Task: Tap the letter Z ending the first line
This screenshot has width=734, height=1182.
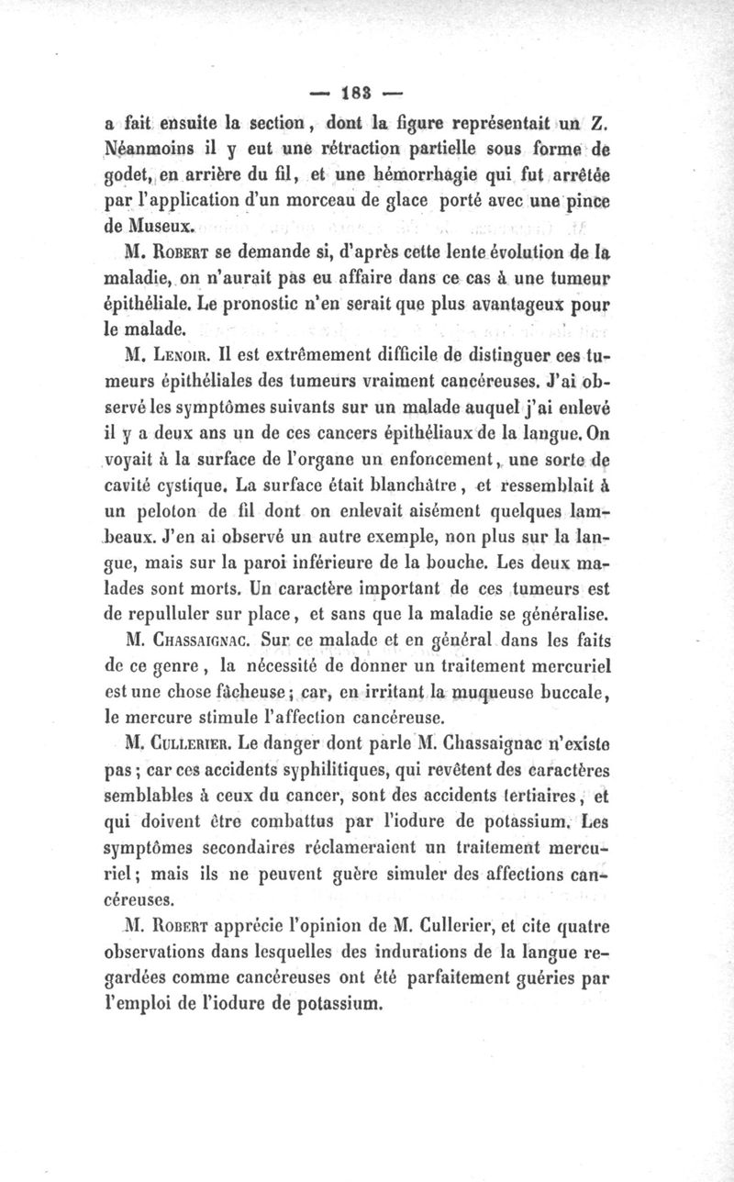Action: click(x=603, y=124)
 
